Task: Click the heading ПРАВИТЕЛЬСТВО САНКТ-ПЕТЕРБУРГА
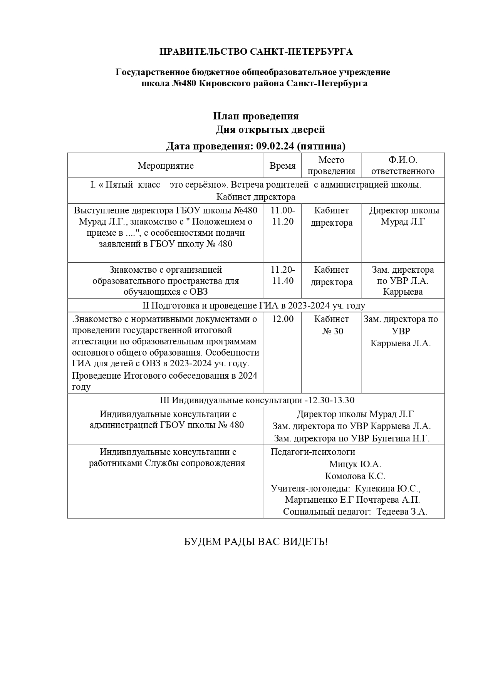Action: tap(256, 52)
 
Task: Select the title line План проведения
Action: tap(256, 116)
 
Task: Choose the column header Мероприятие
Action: tap(166, 166)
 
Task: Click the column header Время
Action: tap(282, 166)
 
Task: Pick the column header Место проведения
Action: tap(331, 166)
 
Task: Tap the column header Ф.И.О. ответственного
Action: tap(403, 166)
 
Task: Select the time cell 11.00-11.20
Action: tap(283, 216)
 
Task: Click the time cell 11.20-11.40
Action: tap(283, 275)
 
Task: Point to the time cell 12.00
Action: tap(283, 319)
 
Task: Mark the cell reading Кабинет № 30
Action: tap(332, 325)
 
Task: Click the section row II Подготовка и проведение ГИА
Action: tap(254, 305)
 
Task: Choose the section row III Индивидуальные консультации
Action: tap(257, 400)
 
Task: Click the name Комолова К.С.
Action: tap(355, 476)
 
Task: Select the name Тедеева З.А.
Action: tap(402, 512)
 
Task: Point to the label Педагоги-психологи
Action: tap(313, 452)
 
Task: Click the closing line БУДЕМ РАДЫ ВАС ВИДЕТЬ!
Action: tap(256, 542)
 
